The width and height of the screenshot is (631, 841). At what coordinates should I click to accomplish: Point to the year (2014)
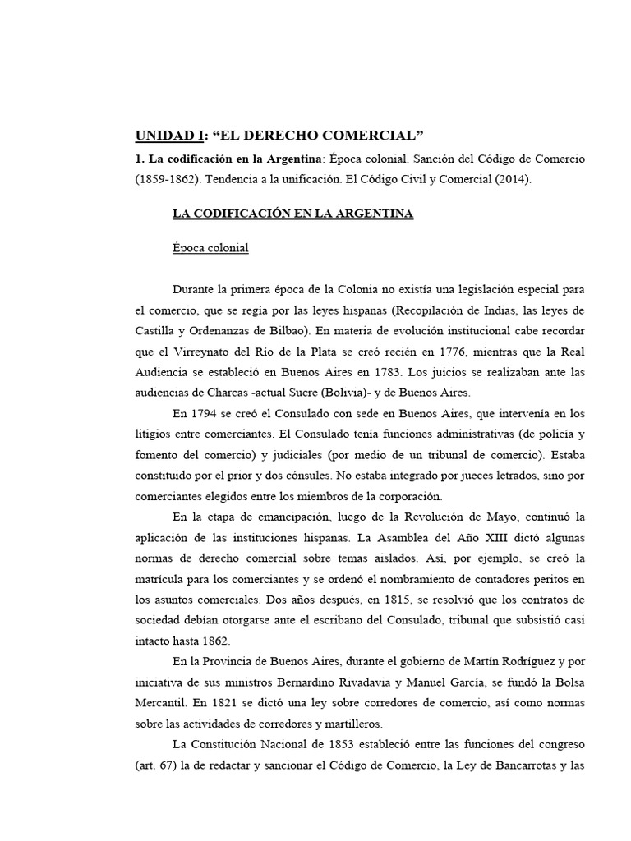(514, 180)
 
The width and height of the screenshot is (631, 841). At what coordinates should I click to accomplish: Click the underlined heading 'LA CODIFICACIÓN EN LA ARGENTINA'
(292, 214)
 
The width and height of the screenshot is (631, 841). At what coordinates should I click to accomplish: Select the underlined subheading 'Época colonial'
(210, 247)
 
